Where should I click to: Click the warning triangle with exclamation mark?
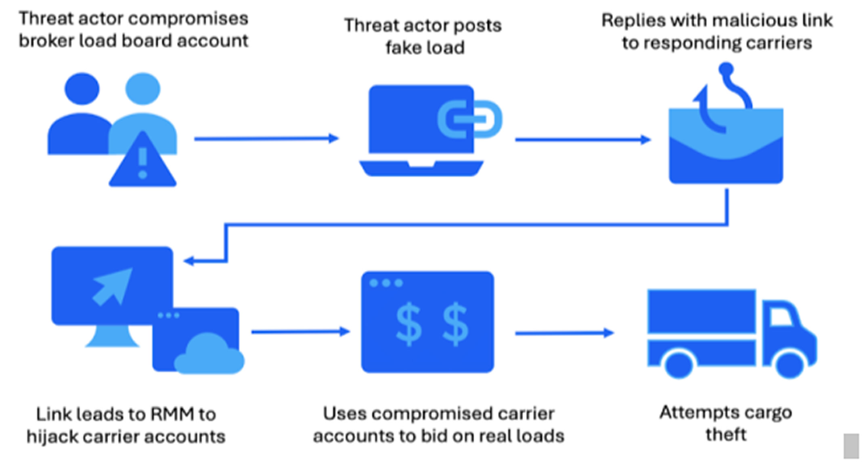point(142,162)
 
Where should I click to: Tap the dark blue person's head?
point(82,89)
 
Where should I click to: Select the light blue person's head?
point(142,89)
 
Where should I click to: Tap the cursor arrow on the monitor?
point(112,286)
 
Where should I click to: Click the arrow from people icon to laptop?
point(266,139)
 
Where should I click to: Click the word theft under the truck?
point(726,435)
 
